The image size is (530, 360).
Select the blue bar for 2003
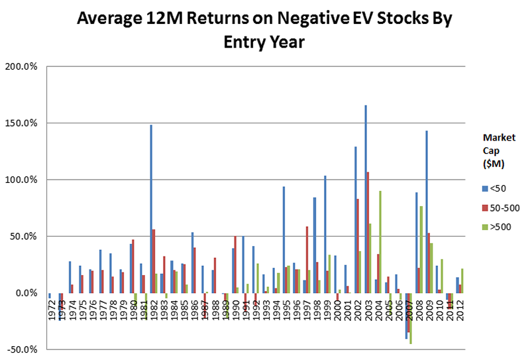coord(365,199)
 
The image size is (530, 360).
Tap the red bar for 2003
coord(368,232)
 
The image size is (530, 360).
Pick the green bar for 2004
coord(380,242)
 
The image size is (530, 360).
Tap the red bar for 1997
coord(307,259)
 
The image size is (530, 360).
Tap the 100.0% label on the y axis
coord(23,180)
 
